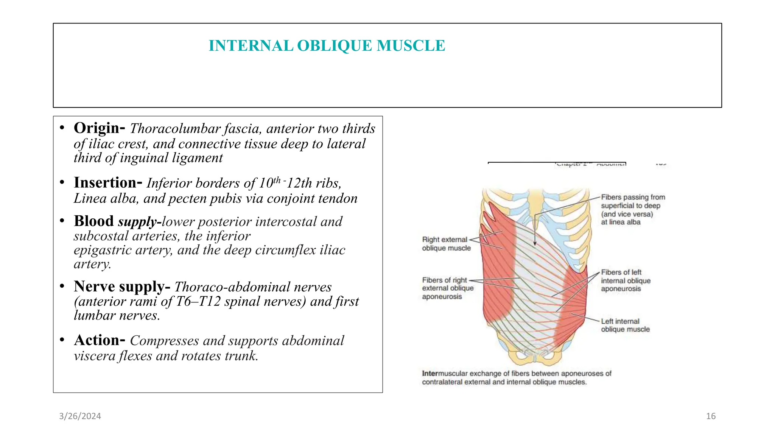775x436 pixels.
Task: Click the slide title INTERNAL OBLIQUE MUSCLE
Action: (327, 46)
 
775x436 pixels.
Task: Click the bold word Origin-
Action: (99, 128)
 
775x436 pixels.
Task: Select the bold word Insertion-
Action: (108, 183)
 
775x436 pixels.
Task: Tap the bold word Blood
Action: (93, 221)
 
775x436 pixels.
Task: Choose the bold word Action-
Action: (99, 341)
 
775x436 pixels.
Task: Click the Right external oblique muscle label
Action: (446, 244)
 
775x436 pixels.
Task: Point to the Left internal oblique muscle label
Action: (625, 325)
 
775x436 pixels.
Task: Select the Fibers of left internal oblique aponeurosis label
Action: (625, 280)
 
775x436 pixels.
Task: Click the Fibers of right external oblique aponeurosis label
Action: (447, 288)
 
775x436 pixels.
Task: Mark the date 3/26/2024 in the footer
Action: (80, 416)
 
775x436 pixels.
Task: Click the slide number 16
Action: (711, 416)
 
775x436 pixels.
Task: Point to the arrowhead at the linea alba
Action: (535, 244)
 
